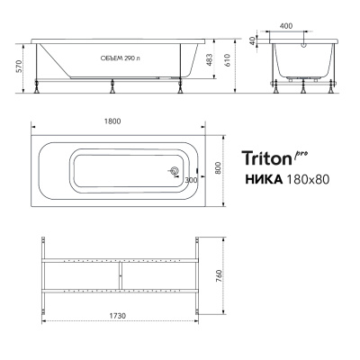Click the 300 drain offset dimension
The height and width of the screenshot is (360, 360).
click(190, 181)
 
